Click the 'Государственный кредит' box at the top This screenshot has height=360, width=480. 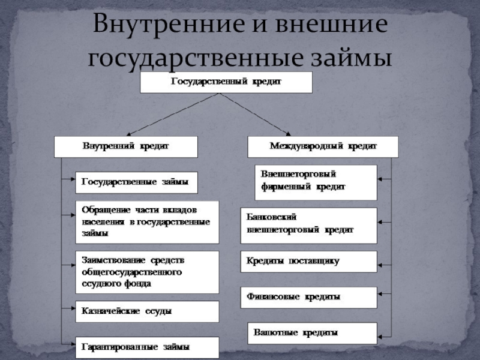tap(226, 82)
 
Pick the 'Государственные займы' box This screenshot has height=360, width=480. tap(136, 182)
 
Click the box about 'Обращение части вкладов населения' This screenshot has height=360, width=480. tap(146, 221)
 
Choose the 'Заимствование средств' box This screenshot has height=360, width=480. tap(146, 272)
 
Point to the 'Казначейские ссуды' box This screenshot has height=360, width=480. tap(146, 311)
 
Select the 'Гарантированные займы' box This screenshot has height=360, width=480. tap(146, 347)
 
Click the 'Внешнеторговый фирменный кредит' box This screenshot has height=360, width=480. tap(316, 182)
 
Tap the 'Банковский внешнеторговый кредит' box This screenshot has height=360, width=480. tap(308, 225)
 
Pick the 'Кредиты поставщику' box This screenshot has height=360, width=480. tap(308, 262)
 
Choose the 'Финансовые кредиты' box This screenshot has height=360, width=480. tap(308, 297)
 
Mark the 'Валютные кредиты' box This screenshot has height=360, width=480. tap(312, 332)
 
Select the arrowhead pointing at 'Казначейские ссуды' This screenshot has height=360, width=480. tap(71, 311)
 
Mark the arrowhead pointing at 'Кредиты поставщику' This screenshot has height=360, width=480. tap(381, 262)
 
